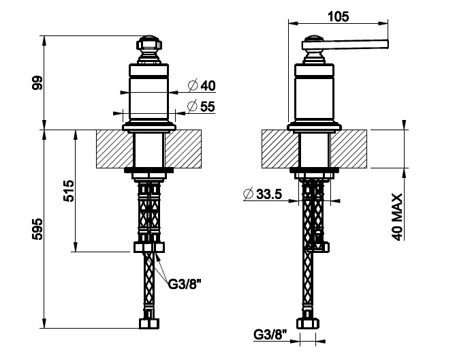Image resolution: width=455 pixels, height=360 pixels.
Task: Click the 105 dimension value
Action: click(x=339, y=16)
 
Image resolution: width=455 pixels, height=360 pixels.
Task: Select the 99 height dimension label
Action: click(x=37, y=82)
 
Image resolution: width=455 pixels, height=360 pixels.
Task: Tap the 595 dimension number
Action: click(x=37, y=229)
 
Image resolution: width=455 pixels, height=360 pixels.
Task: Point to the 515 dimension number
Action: click(x=69, y=191)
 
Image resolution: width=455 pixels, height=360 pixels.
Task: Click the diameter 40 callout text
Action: click(x=202, y=86)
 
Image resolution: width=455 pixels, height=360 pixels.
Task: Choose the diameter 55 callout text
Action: click(x=202, y=106)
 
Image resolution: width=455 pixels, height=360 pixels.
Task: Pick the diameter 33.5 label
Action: click(x=263, y=194)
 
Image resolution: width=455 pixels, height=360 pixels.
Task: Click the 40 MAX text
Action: click(x=397, y=217)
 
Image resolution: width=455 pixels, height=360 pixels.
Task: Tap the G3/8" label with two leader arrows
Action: click(x=185, y=284)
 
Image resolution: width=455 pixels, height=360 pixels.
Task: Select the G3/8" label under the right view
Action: click(x=270, y=334)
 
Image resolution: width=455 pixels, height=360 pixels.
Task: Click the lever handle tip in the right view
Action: click(x=387, y=44)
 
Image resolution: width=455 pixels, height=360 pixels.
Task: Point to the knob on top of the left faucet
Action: click(x=149, y=45)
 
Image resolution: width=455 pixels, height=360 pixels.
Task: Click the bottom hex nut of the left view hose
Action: click(x=149, y=324)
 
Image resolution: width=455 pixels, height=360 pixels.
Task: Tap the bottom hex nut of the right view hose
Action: click(x=308, y=324)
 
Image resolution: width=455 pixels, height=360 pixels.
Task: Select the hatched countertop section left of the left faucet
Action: click(x=114, y=149)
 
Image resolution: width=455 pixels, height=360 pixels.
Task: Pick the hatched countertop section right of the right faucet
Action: click(x=349, y=149)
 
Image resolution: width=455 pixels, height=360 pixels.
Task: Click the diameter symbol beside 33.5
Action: click(x=249, y=194)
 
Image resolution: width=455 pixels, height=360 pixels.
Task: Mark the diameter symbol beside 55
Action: click(x=193, y=106)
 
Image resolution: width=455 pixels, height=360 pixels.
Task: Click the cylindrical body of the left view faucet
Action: click(x=148, y=93)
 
